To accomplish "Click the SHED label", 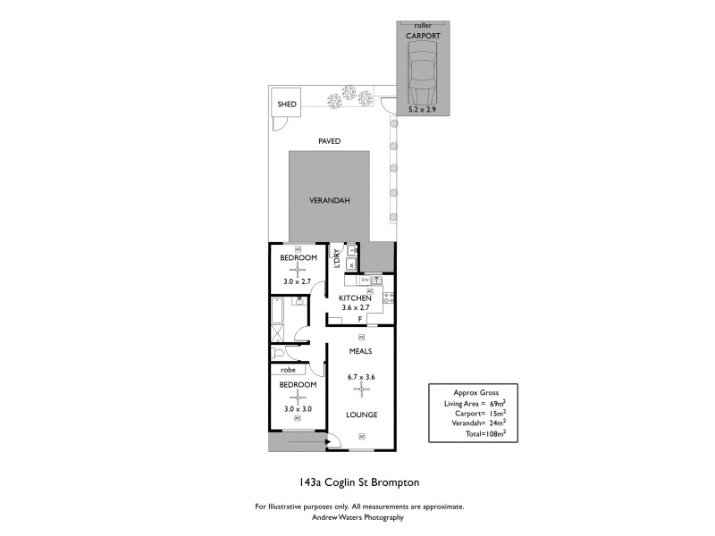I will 287,105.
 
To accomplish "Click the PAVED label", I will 330,142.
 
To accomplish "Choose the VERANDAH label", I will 329,200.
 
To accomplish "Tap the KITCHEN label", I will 355,298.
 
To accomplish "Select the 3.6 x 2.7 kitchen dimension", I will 355,308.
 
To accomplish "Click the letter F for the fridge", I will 359,319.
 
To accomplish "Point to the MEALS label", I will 361,351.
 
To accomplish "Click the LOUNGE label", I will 361,415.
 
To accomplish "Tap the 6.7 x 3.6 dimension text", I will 361,377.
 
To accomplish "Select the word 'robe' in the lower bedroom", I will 288,369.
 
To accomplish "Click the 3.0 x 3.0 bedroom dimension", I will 298,409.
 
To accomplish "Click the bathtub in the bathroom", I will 276,312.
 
